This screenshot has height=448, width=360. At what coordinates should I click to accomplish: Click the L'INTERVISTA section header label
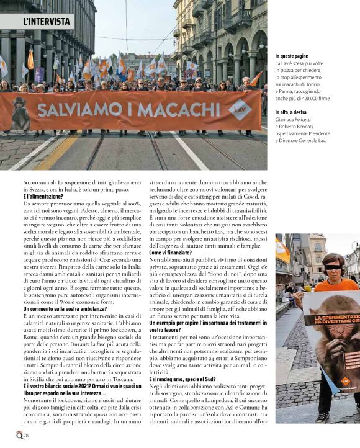(x=47, y=21)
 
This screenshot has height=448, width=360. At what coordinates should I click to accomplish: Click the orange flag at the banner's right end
(x=256, y=79)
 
